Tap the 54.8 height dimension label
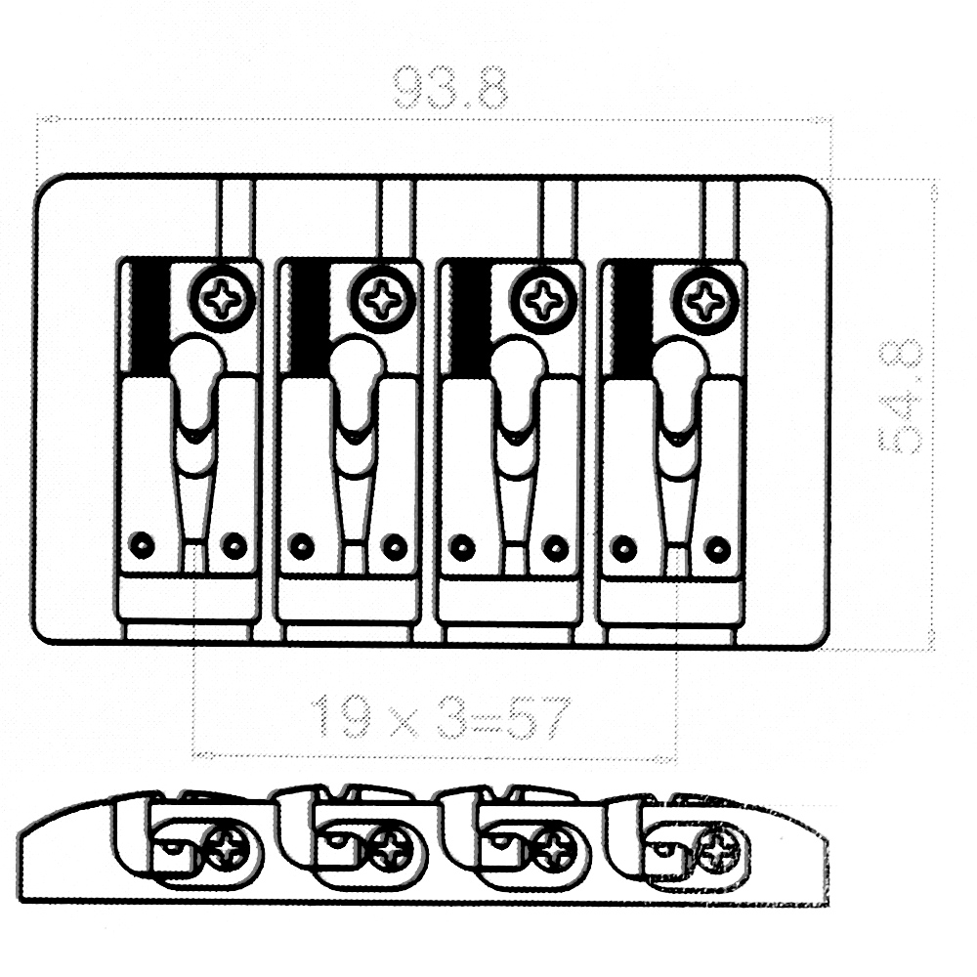[x=900, y=396]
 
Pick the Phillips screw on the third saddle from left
[x=542, y=300]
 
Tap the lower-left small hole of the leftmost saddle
[x=142, y=546]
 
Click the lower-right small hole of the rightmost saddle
[x=717, y=549]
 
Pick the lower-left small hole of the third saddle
[x=462, y=548]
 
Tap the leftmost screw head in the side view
[x=228, y=848]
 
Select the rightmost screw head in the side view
[x=718, y=851]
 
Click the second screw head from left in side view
[x=391, y=849]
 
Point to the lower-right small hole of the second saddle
[x=395, y=548]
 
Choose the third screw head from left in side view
[x=553, y=849]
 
